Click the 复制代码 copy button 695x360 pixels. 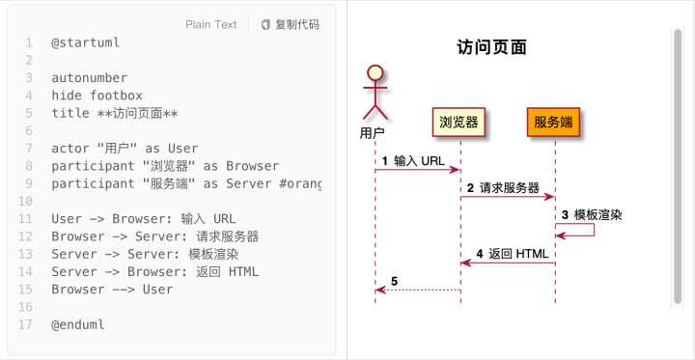(291, 25)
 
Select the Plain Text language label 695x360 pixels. (211, 25)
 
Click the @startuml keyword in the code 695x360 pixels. (86, 43)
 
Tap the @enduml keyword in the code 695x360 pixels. (78, 324)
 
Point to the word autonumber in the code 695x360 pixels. (90, 78)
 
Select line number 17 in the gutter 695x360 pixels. (26, 324)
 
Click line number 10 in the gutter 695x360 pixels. (26, 202)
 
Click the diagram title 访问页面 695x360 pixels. (491, 47)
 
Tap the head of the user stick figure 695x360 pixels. (375, 71)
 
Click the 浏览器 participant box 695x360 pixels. (459, 122)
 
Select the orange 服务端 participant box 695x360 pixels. (554, 122)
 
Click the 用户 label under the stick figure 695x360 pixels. (373, 133)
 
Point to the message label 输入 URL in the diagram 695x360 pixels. (419, 161)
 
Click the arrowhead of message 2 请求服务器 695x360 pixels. (550, 196)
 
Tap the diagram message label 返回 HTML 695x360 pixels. (518, 254)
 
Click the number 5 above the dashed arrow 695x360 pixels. (395, 281)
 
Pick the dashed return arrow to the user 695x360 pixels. (418, 290)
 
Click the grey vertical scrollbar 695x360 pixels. (678, 166)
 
